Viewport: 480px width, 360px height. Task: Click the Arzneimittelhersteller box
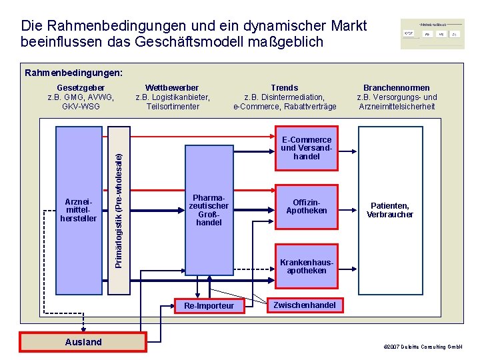pos(79,209)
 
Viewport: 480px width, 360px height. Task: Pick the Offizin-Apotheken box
pos(306,207)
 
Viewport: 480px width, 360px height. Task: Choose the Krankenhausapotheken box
pos(306,266)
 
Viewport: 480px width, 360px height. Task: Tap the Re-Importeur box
pos(209,305)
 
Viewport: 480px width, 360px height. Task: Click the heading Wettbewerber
pos(172,88)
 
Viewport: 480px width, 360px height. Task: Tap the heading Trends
pos(285,88)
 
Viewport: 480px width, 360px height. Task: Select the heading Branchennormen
pos(396,88)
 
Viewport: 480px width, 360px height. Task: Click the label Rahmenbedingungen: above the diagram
pos(73,72)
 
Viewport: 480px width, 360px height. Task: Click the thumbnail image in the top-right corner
pos(432,33)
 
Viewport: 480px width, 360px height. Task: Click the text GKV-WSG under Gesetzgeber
pos(81,106)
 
